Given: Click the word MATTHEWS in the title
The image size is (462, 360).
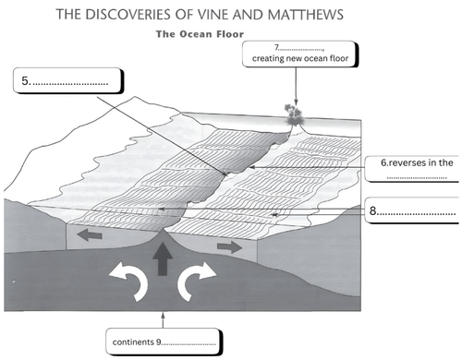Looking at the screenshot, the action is tap(305, 15).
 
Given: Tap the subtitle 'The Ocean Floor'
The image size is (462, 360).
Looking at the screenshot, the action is tap(200, 34).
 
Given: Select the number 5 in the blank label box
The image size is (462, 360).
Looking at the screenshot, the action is tap(25, 80).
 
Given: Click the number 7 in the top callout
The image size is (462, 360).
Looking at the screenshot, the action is tap(276, 47).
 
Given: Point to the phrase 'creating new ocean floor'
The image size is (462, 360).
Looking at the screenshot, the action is tap(300, 58).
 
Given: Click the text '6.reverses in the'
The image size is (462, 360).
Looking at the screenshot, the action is tap(417, 162).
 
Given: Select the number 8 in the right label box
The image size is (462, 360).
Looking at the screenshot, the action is tap(373, 210).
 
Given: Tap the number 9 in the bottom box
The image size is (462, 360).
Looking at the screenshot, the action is tap(158, 342).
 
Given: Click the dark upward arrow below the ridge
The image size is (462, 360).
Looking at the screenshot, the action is tap(163, 258).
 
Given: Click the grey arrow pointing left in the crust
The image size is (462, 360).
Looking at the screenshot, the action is tap(90, 235).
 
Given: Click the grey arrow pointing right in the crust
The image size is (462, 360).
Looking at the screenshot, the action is tap(229, 246).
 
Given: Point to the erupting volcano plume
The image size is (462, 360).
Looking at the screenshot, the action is tap(294, 114).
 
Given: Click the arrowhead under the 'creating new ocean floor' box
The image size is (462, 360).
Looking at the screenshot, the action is tap(296, 102).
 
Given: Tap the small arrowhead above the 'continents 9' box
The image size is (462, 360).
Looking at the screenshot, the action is tap(163, 315).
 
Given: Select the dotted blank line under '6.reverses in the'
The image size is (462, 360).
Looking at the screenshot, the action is tap(417, 178).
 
